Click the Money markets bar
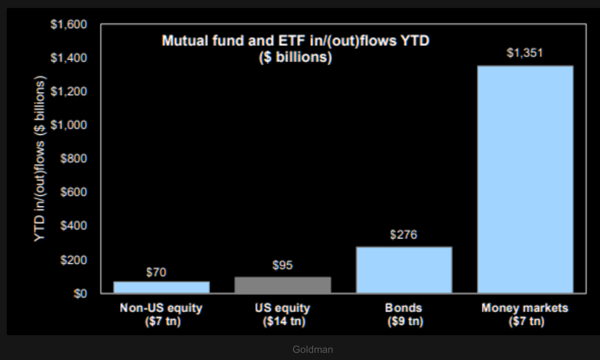[525, 179]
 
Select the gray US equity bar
[283, 285]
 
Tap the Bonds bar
[404, 270]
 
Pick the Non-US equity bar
[162, 287]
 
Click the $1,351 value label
[525, 53]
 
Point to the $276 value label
[403, 235]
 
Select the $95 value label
[282, 265]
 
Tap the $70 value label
[156, 273]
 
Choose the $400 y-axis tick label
[74, 225]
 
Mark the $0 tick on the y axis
[80, 294]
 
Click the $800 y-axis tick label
[74, 159]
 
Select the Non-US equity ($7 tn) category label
[162, 314]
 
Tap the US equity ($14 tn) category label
[283, 314]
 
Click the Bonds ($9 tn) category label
[404, 314]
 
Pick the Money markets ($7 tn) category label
[525, 314]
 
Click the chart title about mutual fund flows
[295, 49]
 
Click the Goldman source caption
[312, 349]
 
